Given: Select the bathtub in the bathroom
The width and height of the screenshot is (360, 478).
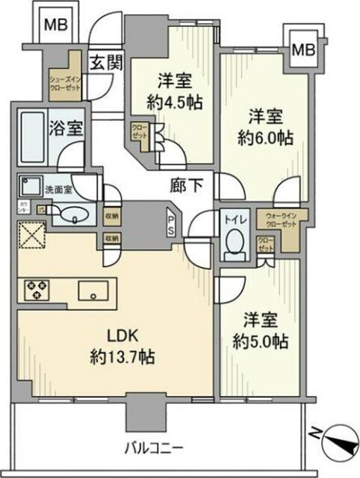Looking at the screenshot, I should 37,132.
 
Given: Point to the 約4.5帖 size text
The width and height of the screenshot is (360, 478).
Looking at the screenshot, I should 176,101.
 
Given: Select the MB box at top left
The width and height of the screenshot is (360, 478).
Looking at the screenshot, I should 55,25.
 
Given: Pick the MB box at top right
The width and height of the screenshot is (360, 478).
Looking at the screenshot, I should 302,51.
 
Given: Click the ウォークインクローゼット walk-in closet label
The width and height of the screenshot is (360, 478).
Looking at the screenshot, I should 279,220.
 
